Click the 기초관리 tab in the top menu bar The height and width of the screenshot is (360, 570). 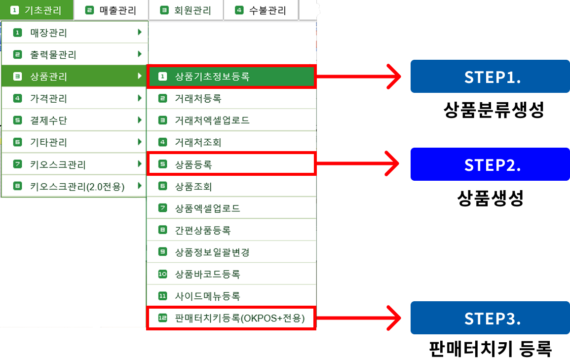click(37, 10)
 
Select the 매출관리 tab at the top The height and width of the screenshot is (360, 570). click(111, 10)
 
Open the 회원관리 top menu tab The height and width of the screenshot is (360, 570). click(186, 10)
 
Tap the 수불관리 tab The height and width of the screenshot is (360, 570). click(261, 10)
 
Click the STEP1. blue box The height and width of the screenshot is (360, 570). click(490, 77)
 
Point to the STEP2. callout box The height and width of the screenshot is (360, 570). click(490, 164)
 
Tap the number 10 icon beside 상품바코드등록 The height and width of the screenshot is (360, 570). click(163, 274)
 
